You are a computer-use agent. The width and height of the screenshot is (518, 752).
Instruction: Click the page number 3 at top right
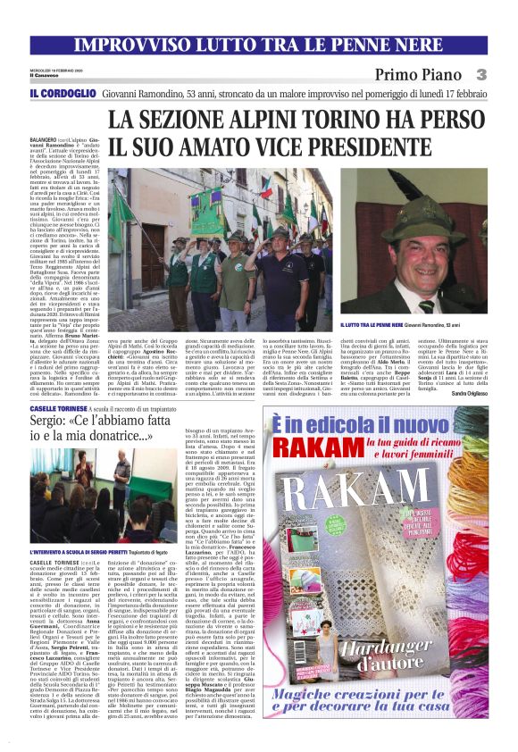point(480,73)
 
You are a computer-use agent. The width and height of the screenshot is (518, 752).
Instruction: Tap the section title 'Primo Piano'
point(414,73)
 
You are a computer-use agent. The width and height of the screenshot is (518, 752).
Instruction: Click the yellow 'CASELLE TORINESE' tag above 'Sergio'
point(80,406)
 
